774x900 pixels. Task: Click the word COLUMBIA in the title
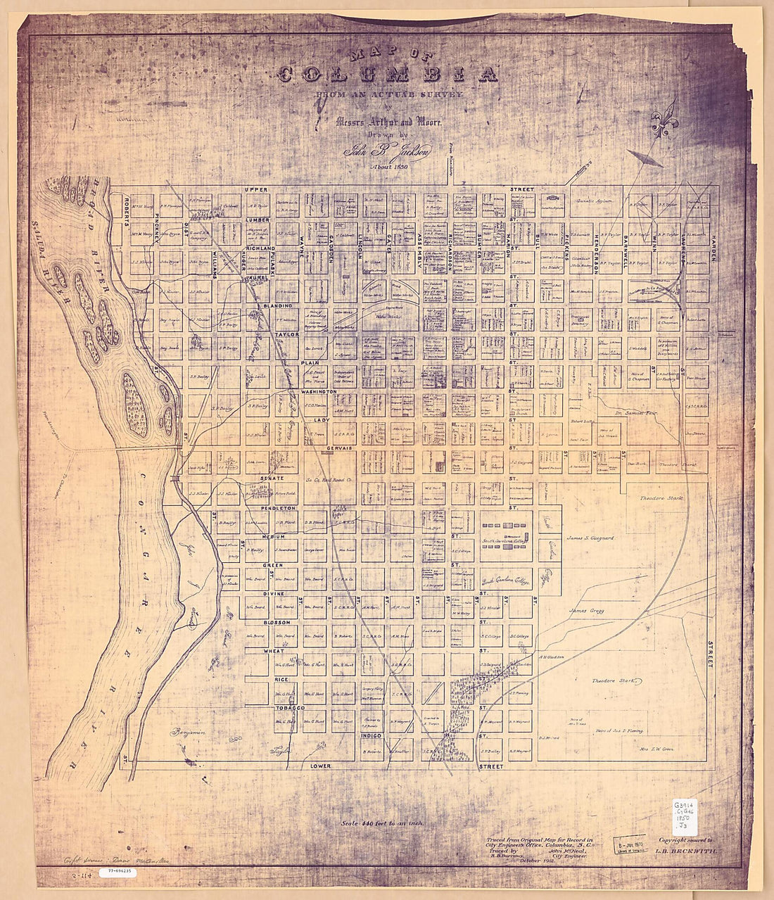(388, 73)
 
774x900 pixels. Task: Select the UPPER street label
(257, 190)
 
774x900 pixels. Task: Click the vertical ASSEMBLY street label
(419, 251)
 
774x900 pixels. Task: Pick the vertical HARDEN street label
(713, 247)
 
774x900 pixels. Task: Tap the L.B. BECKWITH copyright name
(690, 851)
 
